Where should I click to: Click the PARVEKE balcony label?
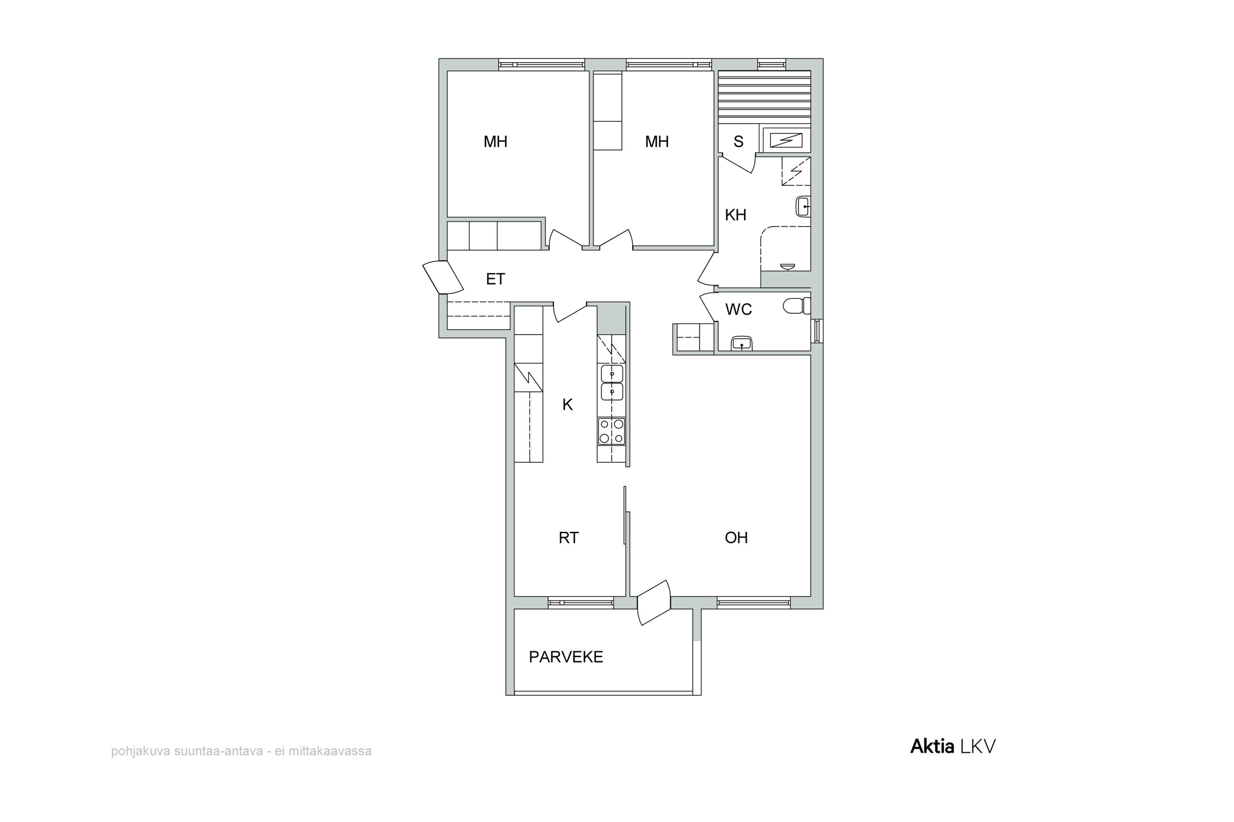coord(566,657)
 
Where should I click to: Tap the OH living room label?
coord(736,538)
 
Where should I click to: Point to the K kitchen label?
coord(567,405)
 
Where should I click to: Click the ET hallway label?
coord(495,279)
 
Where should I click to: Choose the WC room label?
coord(739,310)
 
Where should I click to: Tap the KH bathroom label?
coord(735,215)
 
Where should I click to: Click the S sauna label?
coord(738,141)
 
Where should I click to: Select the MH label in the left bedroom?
coord(495,141)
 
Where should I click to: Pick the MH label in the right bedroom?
coord(657,141)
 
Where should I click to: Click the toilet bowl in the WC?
coord(796,306)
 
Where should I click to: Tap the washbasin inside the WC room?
coord(741,343)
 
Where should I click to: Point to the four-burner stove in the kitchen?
coord(611,432)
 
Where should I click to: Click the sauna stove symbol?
coord(786,141)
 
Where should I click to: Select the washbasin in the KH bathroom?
coord(803,207)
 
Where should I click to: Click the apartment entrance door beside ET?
coord(442,277)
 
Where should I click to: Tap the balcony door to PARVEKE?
coord(654,603)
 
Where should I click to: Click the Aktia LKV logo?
coord(953,746)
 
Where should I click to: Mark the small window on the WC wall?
coord(817,331)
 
